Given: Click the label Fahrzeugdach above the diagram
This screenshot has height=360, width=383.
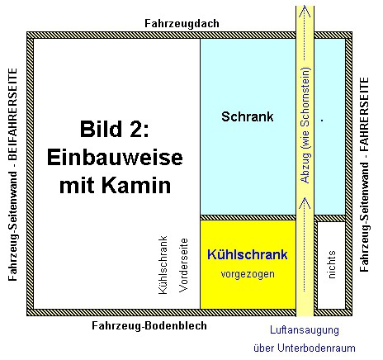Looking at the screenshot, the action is click(182, 24).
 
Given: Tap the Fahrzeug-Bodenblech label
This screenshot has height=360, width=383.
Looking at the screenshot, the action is click(149, 325).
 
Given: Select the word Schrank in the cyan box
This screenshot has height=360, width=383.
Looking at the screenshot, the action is click(248, 116).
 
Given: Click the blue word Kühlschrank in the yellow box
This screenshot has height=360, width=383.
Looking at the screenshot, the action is click(248, 254).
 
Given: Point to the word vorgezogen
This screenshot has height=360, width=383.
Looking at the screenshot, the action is click(248, 274).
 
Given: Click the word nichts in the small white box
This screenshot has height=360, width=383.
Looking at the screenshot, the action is click(332, 264).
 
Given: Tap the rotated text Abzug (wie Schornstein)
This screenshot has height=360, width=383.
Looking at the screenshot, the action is click(305, 125).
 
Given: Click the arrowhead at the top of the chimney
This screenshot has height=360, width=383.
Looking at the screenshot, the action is click(305, 12).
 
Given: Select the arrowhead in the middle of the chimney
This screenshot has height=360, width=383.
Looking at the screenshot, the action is click(305, 203).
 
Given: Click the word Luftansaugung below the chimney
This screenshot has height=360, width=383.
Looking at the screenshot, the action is click(305, 329).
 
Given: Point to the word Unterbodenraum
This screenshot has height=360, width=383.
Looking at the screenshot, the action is click(316, 348).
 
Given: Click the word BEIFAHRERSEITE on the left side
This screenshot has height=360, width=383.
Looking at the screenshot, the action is click(13, 114).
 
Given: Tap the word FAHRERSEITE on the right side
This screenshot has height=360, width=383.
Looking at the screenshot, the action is click(364, 114).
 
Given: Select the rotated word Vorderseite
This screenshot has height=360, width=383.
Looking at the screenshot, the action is click(183, 265).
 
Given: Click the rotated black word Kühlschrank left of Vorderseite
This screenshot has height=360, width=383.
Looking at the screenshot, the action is click(163, 265).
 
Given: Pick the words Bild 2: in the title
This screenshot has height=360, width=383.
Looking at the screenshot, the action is click(115, 129).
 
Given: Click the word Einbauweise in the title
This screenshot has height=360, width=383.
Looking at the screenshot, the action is click(115, 157).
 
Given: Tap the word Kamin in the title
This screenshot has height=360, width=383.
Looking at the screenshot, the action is click(136, 185).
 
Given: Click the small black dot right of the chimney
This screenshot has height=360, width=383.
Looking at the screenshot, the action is click(322, 120).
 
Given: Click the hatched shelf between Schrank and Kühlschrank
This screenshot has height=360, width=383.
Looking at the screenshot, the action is click(248, 217).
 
